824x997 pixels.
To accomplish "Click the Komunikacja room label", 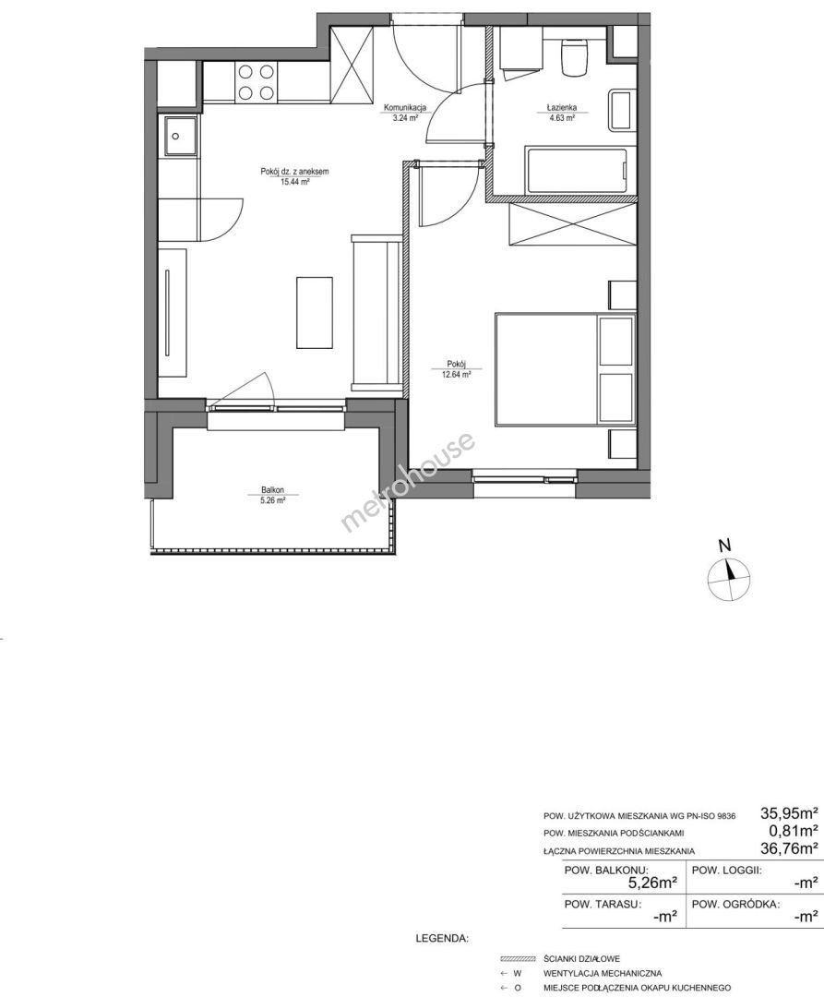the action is pyautogui.click(x=405, y=107).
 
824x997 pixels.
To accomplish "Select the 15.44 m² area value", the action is pyautogui.click(x=294, y=181).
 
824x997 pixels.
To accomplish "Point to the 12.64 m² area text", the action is pyautogui.click(x=456, y=375).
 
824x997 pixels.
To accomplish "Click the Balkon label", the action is pyautogui.click(x=272, y=490).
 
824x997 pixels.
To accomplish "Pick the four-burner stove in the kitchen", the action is pyautogui.click(x=256, y=83).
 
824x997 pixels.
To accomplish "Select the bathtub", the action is pyautogui.click(x=579, y=171).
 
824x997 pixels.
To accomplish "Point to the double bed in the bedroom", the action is pyautogui.click(x=565, y=368).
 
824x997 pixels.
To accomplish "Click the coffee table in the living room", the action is pyautogui.click(x=315, y=312).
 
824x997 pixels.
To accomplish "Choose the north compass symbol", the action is pyautogui.click(x=729, y=579).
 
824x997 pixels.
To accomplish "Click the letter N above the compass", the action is pyautogui.click(x=723, y=545).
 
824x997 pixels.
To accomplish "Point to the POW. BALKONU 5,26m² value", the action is pyautogui.click(x=651, y=883).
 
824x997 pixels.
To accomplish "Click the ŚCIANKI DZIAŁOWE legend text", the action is pyautogui.click(x=582, y=958).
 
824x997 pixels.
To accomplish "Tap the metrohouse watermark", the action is pyautogui.click(x=408, y=482).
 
